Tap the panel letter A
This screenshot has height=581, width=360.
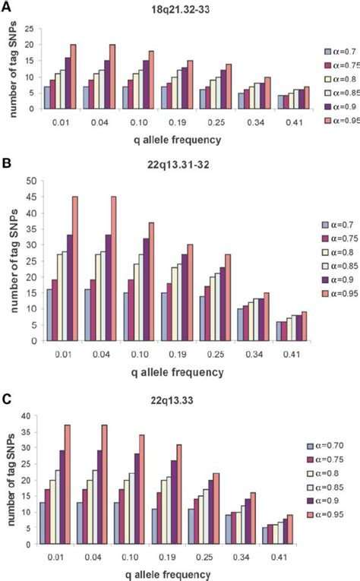(6, 6)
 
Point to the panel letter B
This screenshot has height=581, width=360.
(6, 162)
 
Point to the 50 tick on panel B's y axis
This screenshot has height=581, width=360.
(32, 181)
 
